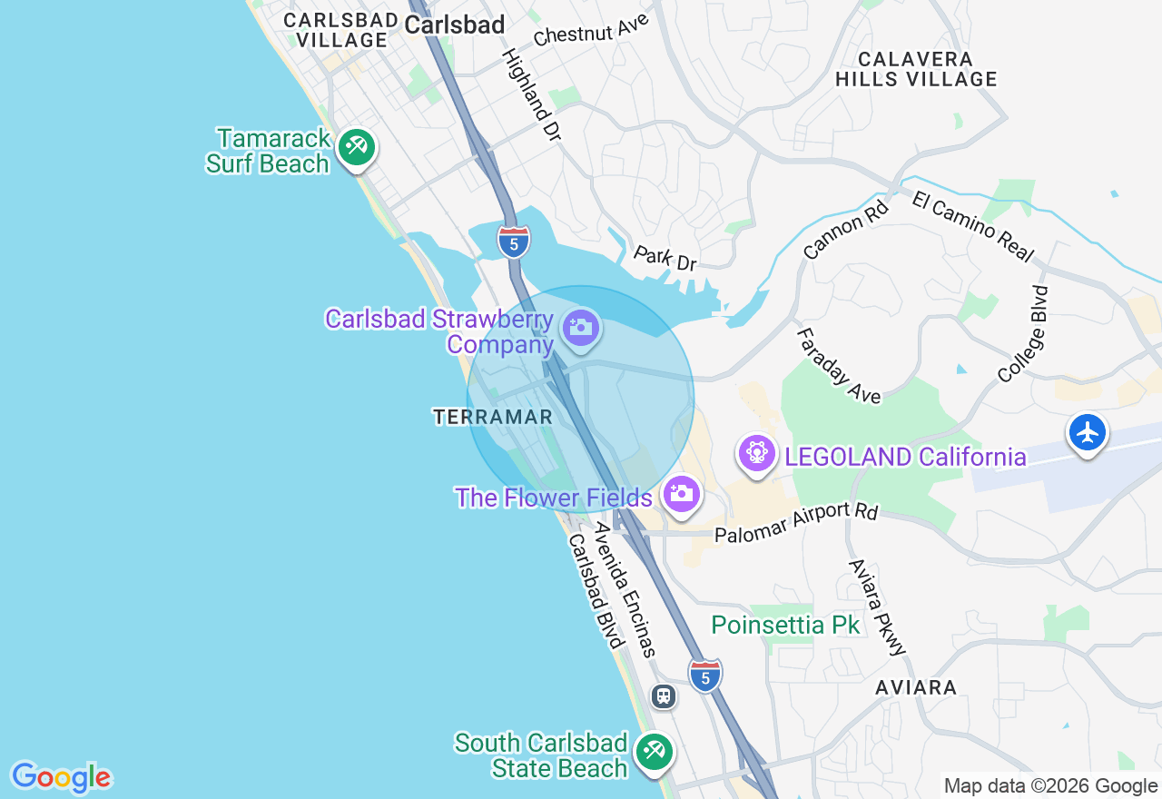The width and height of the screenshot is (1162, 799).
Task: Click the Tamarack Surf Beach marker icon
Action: (357, 147)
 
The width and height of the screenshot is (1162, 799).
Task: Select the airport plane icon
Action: (1087, 432)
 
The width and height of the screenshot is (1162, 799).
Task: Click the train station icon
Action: (664, 696)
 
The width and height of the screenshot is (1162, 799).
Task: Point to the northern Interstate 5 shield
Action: (514, 242)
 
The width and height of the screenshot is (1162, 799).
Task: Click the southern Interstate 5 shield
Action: (705, 676)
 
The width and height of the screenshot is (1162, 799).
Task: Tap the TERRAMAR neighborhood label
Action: (493, 417)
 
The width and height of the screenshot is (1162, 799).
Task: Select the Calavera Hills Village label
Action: (915, 69)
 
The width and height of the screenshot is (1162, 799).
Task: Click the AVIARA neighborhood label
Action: (916, 687)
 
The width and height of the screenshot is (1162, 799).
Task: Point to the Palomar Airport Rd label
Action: (796, 524)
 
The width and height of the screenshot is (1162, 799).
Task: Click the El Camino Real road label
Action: (972, 225)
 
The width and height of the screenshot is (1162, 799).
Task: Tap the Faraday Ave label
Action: (838, 366)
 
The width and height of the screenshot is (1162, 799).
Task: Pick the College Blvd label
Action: (1024, 334)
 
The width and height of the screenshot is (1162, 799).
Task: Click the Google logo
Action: (61, 777)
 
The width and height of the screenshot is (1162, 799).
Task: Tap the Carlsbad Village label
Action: (340, 30)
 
